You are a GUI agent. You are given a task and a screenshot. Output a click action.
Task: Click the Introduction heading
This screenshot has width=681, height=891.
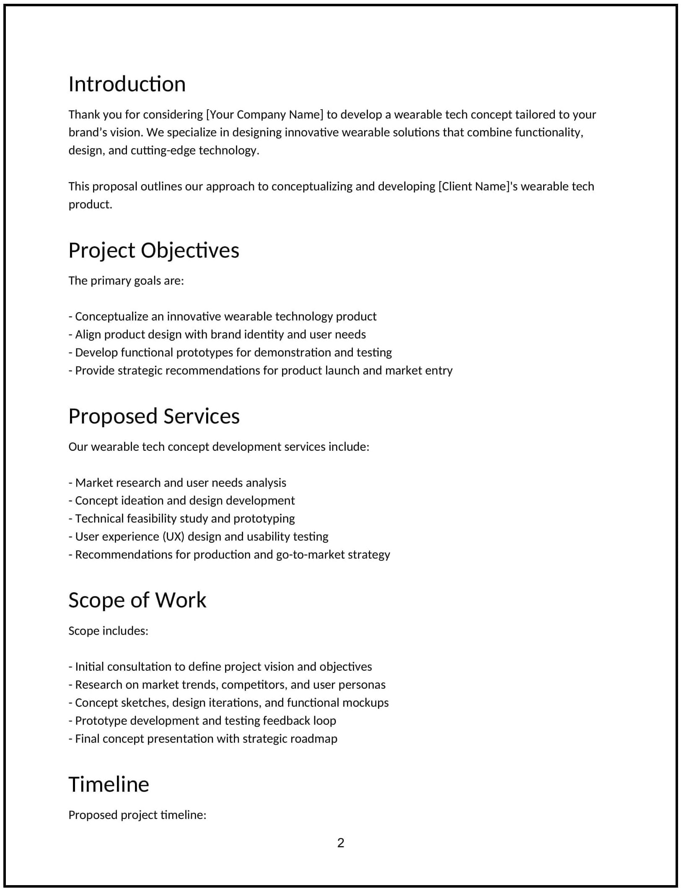(x=127, y=84)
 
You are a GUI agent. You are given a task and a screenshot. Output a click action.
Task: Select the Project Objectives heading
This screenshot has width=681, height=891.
(x=154, y=251)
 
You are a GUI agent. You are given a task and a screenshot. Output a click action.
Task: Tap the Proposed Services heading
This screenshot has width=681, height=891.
(x=154, y=416)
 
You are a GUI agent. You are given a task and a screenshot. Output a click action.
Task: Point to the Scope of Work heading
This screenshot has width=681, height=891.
(x=137, y=600)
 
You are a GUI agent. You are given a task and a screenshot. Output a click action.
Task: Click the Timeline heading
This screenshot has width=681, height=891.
(x=109, y=784)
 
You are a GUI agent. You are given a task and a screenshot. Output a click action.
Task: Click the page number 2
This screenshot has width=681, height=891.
(x=341, y=842)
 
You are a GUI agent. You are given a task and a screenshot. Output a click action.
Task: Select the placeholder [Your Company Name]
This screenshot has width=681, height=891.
(x=264, y=114)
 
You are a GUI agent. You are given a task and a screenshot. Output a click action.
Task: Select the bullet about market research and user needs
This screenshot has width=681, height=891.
(x=177, y=483)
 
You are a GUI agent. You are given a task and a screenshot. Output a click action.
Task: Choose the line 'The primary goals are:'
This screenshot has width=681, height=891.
(x=126, y=281)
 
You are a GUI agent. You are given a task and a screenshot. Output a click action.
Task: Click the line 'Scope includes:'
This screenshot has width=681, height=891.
(x=108, y=631)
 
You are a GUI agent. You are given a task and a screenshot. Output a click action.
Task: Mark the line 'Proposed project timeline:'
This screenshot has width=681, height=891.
(x=137, y=815)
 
